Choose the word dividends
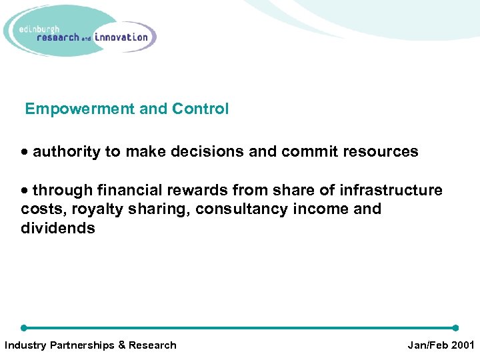click(x=58, y=229)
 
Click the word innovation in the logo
click(x=121, y=37)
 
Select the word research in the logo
click(x=59, y=37)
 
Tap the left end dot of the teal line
click(x=24, y=328)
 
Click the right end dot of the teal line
click(x=455, y=328)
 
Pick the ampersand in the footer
click(x=122, y=345)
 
